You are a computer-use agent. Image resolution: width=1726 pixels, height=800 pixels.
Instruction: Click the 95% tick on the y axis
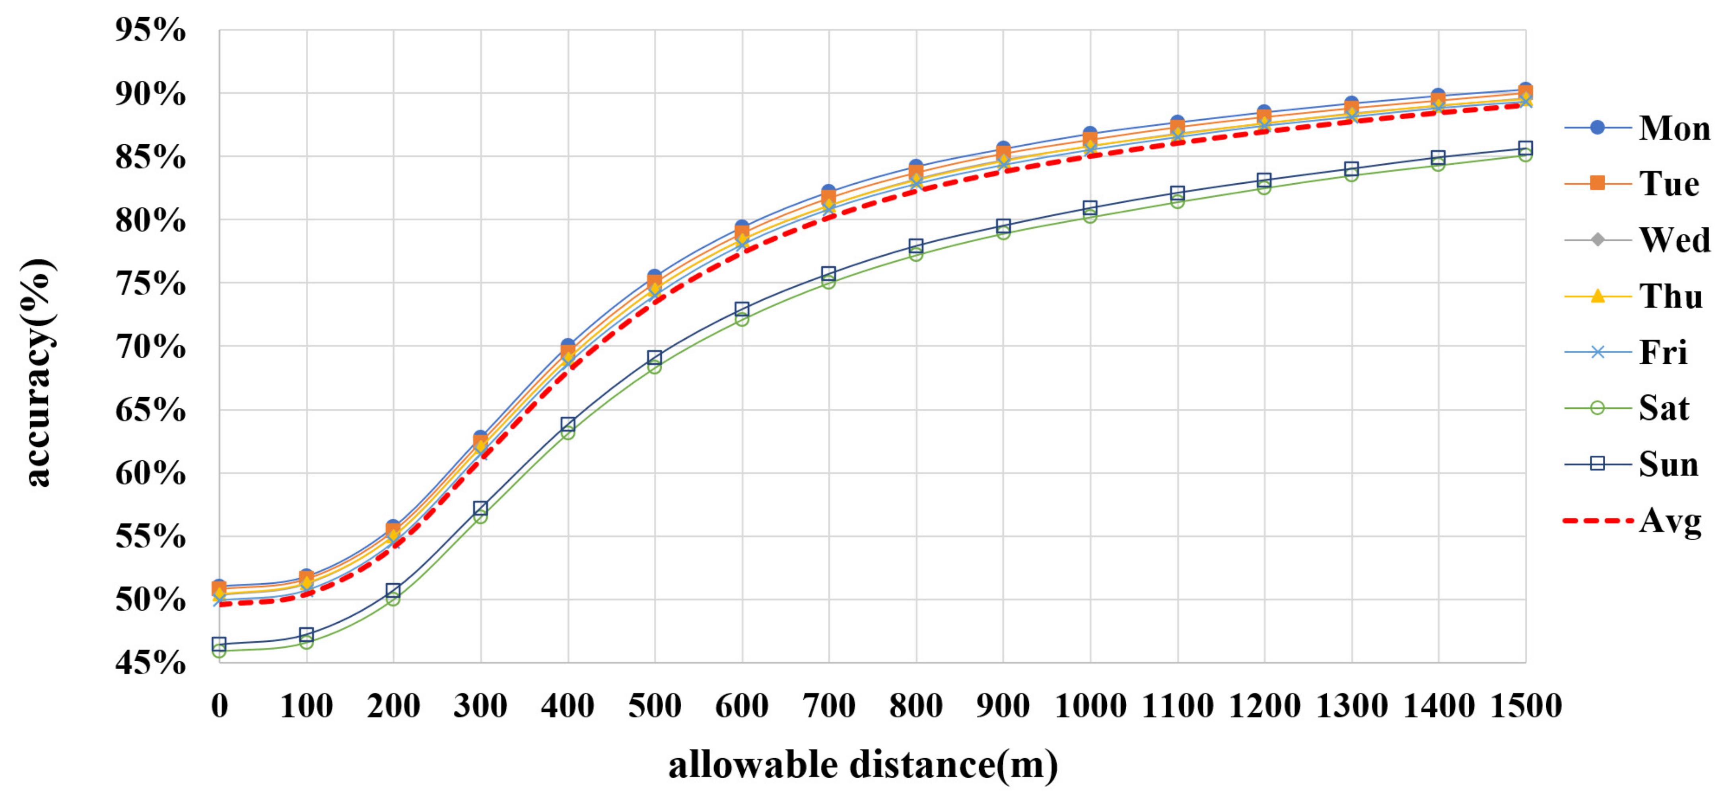click(x=150, y=30)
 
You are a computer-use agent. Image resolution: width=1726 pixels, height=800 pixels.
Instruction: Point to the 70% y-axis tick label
click(x=150, y=346)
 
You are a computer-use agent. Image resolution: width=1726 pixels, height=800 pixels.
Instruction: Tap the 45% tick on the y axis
click(x=150, y=663)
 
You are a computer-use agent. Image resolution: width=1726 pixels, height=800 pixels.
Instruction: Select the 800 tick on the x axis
click(x=916, y=705)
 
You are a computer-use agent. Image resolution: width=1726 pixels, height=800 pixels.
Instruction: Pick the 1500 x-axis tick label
click(x=1526, y=705)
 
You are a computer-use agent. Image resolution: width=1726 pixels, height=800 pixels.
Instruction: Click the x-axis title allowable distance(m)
click(x=863, y=765)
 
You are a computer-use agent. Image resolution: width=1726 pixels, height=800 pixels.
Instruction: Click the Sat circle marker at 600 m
click(x=742, y=319)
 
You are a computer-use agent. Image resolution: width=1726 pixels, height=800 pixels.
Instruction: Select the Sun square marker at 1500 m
click(x=1526, y=148)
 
